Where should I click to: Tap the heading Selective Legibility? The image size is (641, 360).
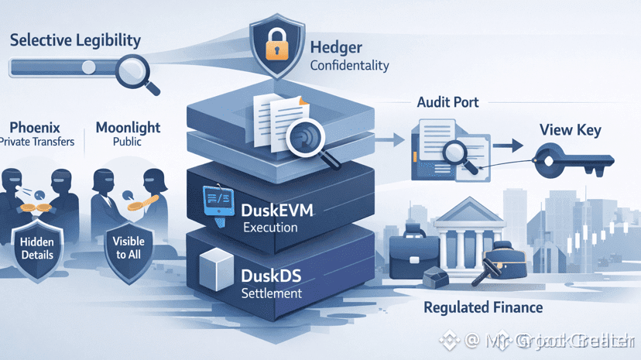coord(75,39)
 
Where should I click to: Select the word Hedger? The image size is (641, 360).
coord(335,48)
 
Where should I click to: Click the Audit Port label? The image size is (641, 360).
coord(447,102)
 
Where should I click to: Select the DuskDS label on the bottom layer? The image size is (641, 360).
coord(272,276)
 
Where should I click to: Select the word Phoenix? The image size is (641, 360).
coord(35,126)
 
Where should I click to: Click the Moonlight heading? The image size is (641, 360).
coord(128,126)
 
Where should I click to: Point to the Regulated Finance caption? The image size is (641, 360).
coord(483,307)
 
